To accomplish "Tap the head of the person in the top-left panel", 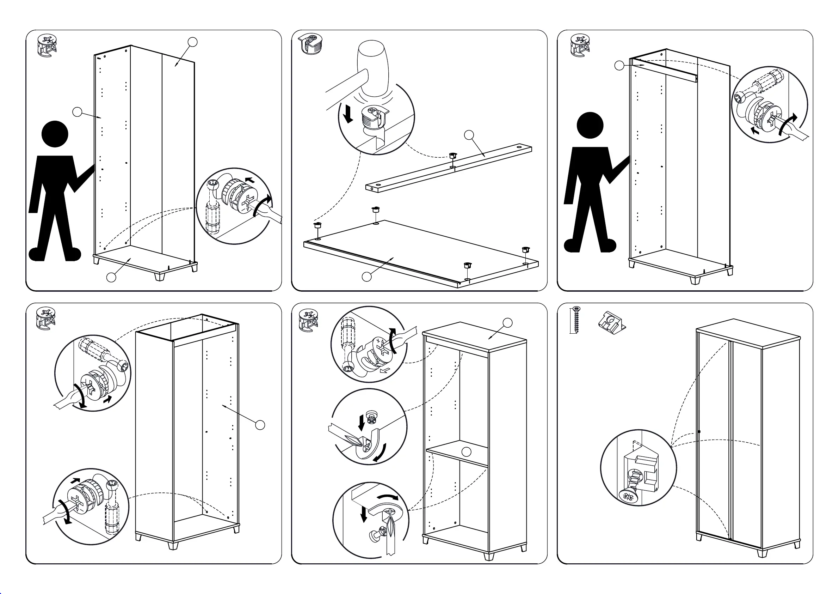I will [x=55, y=134].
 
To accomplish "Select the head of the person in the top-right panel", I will [x=590, y=125].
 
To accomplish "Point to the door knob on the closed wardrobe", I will [x=699, y=432].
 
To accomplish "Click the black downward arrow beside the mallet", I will [x=348, y=113].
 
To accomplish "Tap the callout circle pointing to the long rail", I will [x=469, y=135].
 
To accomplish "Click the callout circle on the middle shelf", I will [x=466, y=452].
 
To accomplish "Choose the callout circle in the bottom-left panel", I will [x=260, y=425].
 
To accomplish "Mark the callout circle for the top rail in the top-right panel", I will [x=619, y=66].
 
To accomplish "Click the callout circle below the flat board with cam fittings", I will [x=366, y=277].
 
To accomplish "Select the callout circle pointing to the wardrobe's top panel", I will [x=507, y=323].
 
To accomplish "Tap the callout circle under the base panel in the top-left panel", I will [x=111, y=277].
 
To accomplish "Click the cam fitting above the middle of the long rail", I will [x=452, y=156].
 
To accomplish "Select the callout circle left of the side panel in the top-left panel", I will [x=77, y=112].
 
